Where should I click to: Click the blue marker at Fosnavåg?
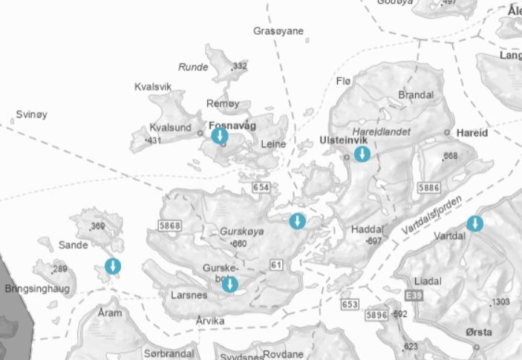pyautogui.click(x=220, y=136)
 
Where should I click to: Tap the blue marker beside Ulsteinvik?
pyautogui.click(x=362, y=154)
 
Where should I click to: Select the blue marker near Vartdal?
pyautogui.click(x=474, y=223)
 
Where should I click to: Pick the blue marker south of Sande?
pyautogui.click(x=113, y=266)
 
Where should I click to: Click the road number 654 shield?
pyautogui.click(x=261, y=188)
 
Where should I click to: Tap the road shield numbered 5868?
pyautogui.click(x=169, y=225)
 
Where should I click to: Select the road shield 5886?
pyautogui.click(x=429, y=188)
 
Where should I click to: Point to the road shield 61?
pyautogui.click(x=277, y=264)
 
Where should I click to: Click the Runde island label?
pyautogui.click(x=193, y=67)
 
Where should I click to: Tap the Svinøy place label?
pyautogui.click(x=31, y=115)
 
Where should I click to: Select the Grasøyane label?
pyautogui.click(x=278, y=31)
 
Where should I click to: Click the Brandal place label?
pyautogui.click(x=416, y=95)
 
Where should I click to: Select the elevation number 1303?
pyautogui.click(x=500, y=301)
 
